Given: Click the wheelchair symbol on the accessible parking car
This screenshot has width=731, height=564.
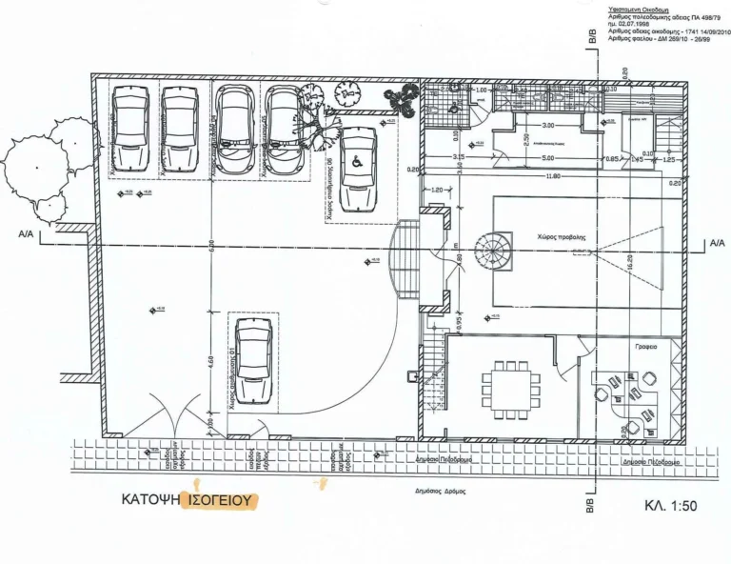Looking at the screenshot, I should click(x=358, y=159).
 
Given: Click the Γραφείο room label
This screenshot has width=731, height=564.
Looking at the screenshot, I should click(x=646, y=348).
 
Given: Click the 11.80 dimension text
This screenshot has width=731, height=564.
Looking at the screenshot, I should click(x=553, y=177).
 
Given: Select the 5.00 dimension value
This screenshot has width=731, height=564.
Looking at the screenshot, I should click(x=547, y=157).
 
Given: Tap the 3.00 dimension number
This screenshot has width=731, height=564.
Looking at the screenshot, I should click(x=547, y=126).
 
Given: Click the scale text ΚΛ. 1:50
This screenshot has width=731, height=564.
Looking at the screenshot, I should click(x=671, y=506).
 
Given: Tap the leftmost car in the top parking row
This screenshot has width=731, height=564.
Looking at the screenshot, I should click(x=128, y=131).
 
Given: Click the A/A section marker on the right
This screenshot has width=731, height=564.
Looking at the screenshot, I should click(x=717, y=244).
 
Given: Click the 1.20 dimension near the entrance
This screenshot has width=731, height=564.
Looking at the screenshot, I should click(x=438, y=191).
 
